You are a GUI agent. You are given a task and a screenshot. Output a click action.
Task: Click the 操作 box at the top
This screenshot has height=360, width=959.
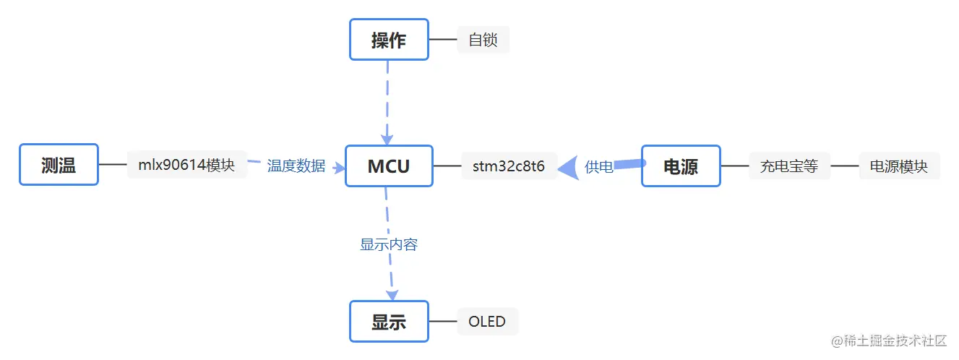389,40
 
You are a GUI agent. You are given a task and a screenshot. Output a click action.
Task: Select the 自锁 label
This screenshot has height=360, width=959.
483,40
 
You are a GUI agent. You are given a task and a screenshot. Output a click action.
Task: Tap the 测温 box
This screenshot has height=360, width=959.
59,165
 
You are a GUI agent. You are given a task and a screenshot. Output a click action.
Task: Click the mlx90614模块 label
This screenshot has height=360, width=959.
186,165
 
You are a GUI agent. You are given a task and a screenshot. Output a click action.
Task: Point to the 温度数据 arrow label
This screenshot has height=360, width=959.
296,166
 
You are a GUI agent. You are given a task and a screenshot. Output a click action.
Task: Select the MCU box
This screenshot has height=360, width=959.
389,166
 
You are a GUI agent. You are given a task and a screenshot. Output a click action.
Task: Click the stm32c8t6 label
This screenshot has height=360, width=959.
509,166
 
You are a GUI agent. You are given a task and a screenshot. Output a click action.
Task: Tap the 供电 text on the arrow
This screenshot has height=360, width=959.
599,167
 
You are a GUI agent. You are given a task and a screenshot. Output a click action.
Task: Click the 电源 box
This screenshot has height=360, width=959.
681,166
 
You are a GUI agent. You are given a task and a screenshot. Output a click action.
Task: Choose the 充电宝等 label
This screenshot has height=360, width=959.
788,166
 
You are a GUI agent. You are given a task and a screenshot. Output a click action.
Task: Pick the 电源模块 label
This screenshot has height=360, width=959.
898,166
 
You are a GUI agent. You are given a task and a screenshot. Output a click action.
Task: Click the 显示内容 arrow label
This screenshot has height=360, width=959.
389,244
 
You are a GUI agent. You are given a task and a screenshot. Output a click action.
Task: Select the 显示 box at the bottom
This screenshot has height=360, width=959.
389,322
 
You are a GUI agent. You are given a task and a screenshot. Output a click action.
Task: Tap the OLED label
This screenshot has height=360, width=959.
487,322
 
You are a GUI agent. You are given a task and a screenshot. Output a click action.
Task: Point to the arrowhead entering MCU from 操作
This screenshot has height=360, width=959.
387,139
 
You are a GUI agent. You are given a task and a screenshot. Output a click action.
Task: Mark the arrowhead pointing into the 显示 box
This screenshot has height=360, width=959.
392,295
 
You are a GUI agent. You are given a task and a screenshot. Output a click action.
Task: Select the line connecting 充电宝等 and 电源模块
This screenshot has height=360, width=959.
844,166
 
